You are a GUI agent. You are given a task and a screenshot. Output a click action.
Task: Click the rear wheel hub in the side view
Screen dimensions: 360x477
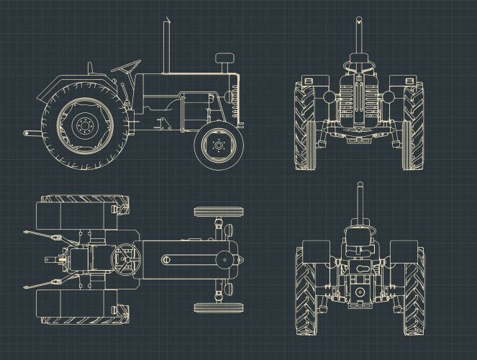[85, 127]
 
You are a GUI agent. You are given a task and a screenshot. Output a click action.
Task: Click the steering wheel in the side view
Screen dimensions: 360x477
[127, 67]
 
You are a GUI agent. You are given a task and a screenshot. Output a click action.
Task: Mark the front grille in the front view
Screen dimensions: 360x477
[356, 108]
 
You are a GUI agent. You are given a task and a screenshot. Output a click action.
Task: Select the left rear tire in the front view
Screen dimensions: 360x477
[305, 128]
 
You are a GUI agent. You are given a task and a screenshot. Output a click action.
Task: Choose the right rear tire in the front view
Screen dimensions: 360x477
[413, 128]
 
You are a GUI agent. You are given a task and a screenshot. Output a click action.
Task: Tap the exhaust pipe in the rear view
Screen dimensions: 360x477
[360, 205]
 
